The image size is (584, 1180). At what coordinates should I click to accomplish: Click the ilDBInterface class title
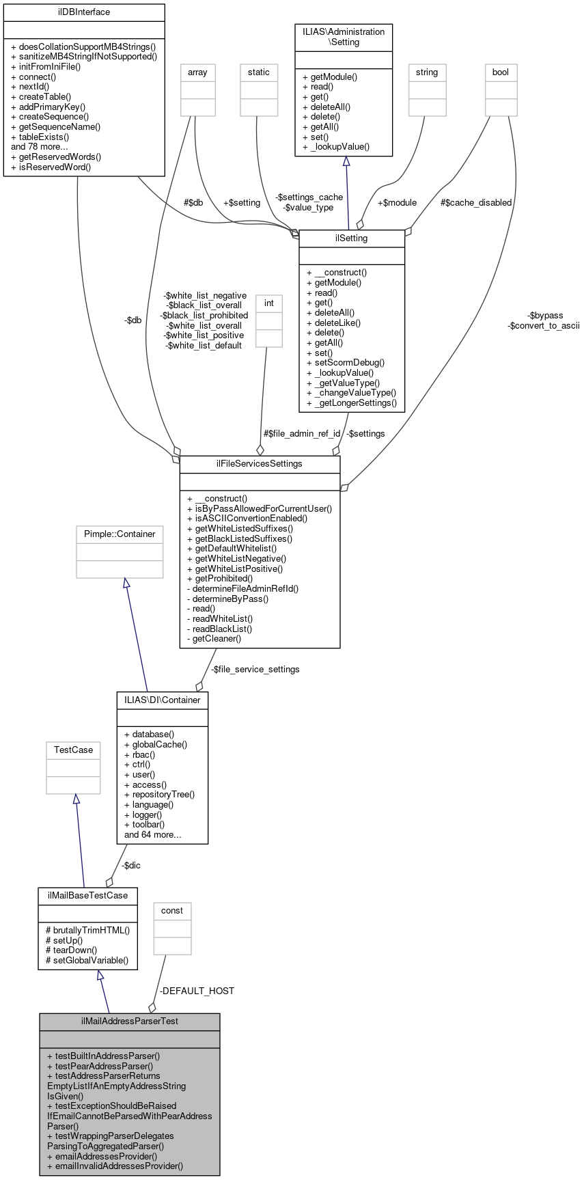point(84,12)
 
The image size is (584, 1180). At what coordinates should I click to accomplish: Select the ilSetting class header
point(352,238)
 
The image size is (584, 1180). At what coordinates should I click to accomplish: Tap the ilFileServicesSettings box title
point(260,464)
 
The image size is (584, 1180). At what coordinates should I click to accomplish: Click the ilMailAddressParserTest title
point(130,1021)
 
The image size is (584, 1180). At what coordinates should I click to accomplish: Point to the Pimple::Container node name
point(120,534)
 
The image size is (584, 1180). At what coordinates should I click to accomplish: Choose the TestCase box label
point(73,750)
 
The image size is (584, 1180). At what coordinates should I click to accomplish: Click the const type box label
point(172,911)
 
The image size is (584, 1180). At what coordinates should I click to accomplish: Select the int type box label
point(269,303)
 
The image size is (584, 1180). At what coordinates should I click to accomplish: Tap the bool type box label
point(501,72)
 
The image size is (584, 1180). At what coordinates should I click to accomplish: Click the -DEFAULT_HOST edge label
point(197,991)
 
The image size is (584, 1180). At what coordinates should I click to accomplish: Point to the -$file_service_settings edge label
point(255,670)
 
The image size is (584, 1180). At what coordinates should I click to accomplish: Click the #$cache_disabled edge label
point(476,203)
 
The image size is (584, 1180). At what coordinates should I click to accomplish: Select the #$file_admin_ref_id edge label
point(302,434)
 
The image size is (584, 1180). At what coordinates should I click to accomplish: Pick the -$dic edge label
point(131,866)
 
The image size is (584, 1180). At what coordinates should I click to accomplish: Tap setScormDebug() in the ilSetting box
point(346,363)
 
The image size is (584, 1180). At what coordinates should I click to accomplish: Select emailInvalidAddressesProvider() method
point(115,1166)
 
